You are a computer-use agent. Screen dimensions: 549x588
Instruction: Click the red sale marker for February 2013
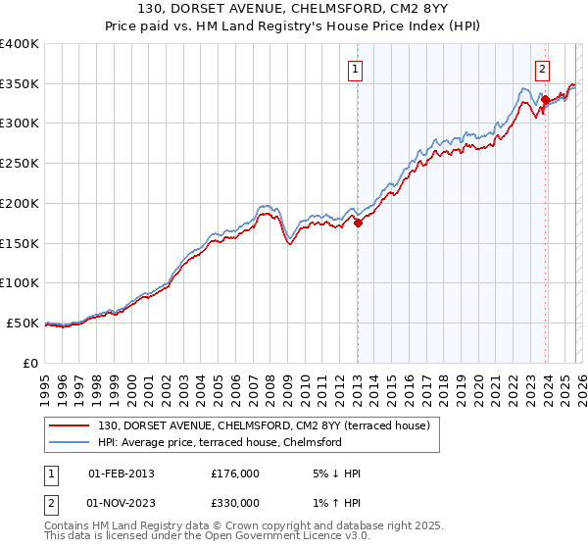358,223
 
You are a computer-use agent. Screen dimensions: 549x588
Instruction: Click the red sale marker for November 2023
545,99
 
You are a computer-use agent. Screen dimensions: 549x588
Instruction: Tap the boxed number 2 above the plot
542,69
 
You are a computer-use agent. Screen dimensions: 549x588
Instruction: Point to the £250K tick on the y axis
21,164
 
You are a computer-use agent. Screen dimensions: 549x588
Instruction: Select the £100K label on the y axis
21,283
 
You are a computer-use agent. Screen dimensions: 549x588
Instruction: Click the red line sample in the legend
70,424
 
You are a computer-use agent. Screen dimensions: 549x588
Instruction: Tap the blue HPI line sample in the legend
70,441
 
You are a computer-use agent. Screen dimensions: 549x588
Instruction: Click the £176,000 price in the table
235,474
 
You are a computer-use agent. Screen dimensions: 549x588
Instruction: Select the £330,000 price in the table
235,503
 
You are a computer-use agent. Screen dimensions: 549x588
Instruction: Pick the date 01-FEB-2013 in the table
122,474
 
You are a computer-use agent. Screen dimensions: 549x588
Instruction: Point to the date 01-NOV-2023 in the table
122,503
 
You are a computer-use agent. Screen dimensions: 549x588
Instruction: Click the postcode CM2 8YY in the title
350,8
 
